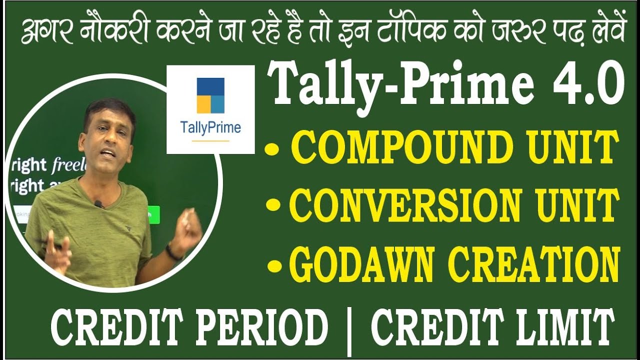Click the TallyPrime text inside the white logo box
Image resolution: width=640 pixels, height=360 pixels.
[210, 128]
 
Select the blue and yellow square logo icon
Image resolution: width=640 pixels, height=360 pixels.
[210, 95]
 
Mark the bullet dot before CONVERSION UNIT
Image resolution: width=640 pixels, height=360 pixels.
[274, 206]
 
